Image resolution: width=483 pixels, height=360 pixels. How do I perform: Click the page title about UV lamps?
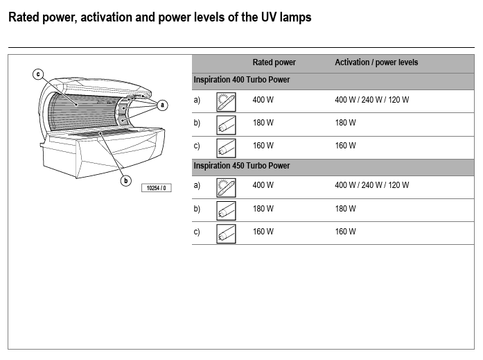click(x=159, y=18)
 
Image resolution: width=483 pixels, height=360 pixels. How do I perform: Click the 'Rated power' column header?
click(x=274, y=62)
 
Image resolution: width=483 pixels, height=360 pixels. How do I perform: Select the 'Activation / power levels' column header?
click(x=376, y=62)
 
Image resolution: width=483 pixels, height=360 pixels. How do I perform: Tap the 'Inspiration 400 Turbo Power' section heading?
click(x=241, y=80)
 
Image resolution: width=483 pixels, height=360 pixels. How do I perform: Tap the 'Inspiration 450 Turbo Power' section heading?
click(x=241, y=166)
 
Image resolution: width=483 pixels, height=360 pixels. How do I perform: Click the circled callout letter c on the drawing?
click(x=38, y=74)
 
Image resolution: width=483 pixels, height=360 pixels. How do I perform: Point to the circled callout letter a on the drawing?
click(x=162, y=105)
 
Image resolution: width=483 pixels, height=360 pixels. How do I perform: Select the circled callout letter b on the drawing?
click(x=126, y=180)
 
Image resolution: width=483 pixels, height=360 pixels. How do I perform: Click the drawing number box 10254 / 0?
click(x=156, y=188)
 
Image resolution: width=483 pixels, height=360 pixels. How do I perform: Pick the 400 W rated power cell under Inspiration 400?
click(x=263, y=100)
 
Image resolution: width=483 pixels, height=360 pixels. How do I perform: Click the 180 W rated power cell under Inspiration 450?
click(x=263, y=209)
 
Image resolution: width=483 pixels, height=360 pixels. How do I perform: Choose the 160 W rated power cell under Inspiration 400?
click(x=263, y=146)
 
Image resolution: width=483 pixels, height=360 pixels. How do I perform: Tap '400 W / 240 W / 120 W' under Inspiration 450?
click(x=371, y=185)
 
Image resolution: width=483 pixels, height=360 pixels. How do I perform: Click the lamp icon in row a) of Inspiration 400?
click(x=226, y=101)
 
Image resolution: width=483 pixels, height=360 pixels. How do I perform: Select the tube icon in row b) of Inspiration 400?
click(x=226, y=124)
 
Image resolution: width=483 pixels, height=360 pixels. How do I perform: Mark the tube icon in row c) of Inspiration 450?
click(x=226, y=233)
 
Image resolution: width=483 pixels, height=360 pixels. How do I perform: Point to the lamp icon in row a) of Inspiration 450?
click(x=226, y=187)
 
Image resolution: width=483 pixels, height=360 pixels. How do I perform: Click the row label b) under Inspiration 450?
click(x=197, y=209)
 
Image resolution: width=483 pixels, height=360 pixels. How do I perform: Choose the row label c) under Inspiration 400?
click(x=197, y=146)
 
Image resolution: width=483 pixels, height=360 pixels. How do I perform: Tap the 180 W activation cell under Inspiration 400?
click(x=345, y=123)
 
